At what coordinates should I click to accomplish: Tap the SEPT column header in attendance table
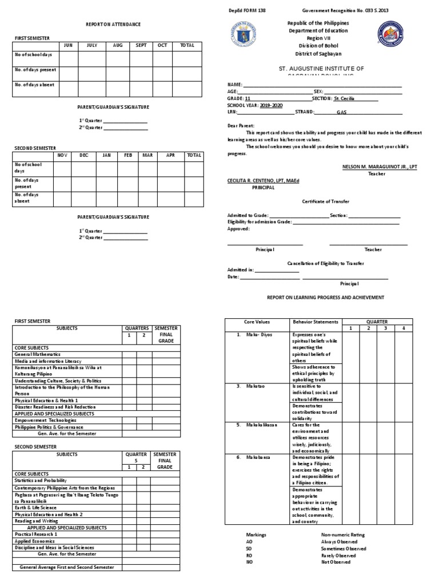(141, 45)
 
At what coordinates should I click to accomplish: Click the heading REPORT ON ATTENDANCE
(113, 25)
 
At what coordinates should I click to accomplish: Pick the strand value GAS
(342, 113)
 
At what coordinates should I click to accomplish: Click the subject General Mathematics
(38, 354)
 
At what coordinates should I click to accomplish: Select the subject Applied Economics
(35, 540)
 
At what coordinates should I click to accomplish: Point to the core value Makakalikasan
(262, 425)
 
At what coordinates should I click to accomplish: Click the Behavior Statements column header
(316, 322)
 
